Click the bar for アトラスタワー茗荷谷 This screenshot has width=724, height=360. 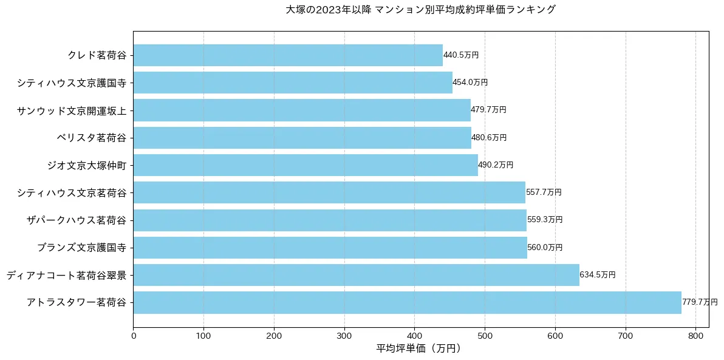(407, 302)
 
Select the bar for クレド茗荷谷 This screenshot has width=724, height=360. (288, 55)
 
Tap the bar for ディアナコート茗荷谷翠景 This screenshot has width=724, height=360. (356, 275)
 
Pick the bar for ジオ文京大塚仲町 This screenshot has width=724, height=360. (306, 165)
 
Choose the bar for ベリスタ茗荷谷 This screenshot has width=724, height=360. (302, 138)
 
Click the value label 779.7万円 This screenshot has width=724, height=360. (699, 302)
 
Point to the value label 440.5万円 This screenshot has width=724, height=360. (461, 55)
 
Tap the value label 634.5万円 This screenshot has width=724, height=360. (598, 275)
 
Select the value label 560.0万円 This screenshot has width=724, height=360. (545, 248)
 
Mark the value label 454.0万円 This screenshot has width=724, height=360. (470, 83)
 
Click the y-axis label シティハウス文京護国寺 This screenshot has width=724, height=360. (72, 83)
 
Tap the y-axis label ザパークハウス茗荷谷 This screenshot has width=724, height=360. (77, 220)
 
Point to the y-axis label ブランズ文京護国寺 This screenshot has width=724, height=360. (81, 248)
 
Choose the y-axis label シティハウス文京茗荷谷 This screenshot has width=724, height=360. (72, 193)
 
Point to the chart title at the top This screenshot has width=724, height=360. (420, 10)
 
